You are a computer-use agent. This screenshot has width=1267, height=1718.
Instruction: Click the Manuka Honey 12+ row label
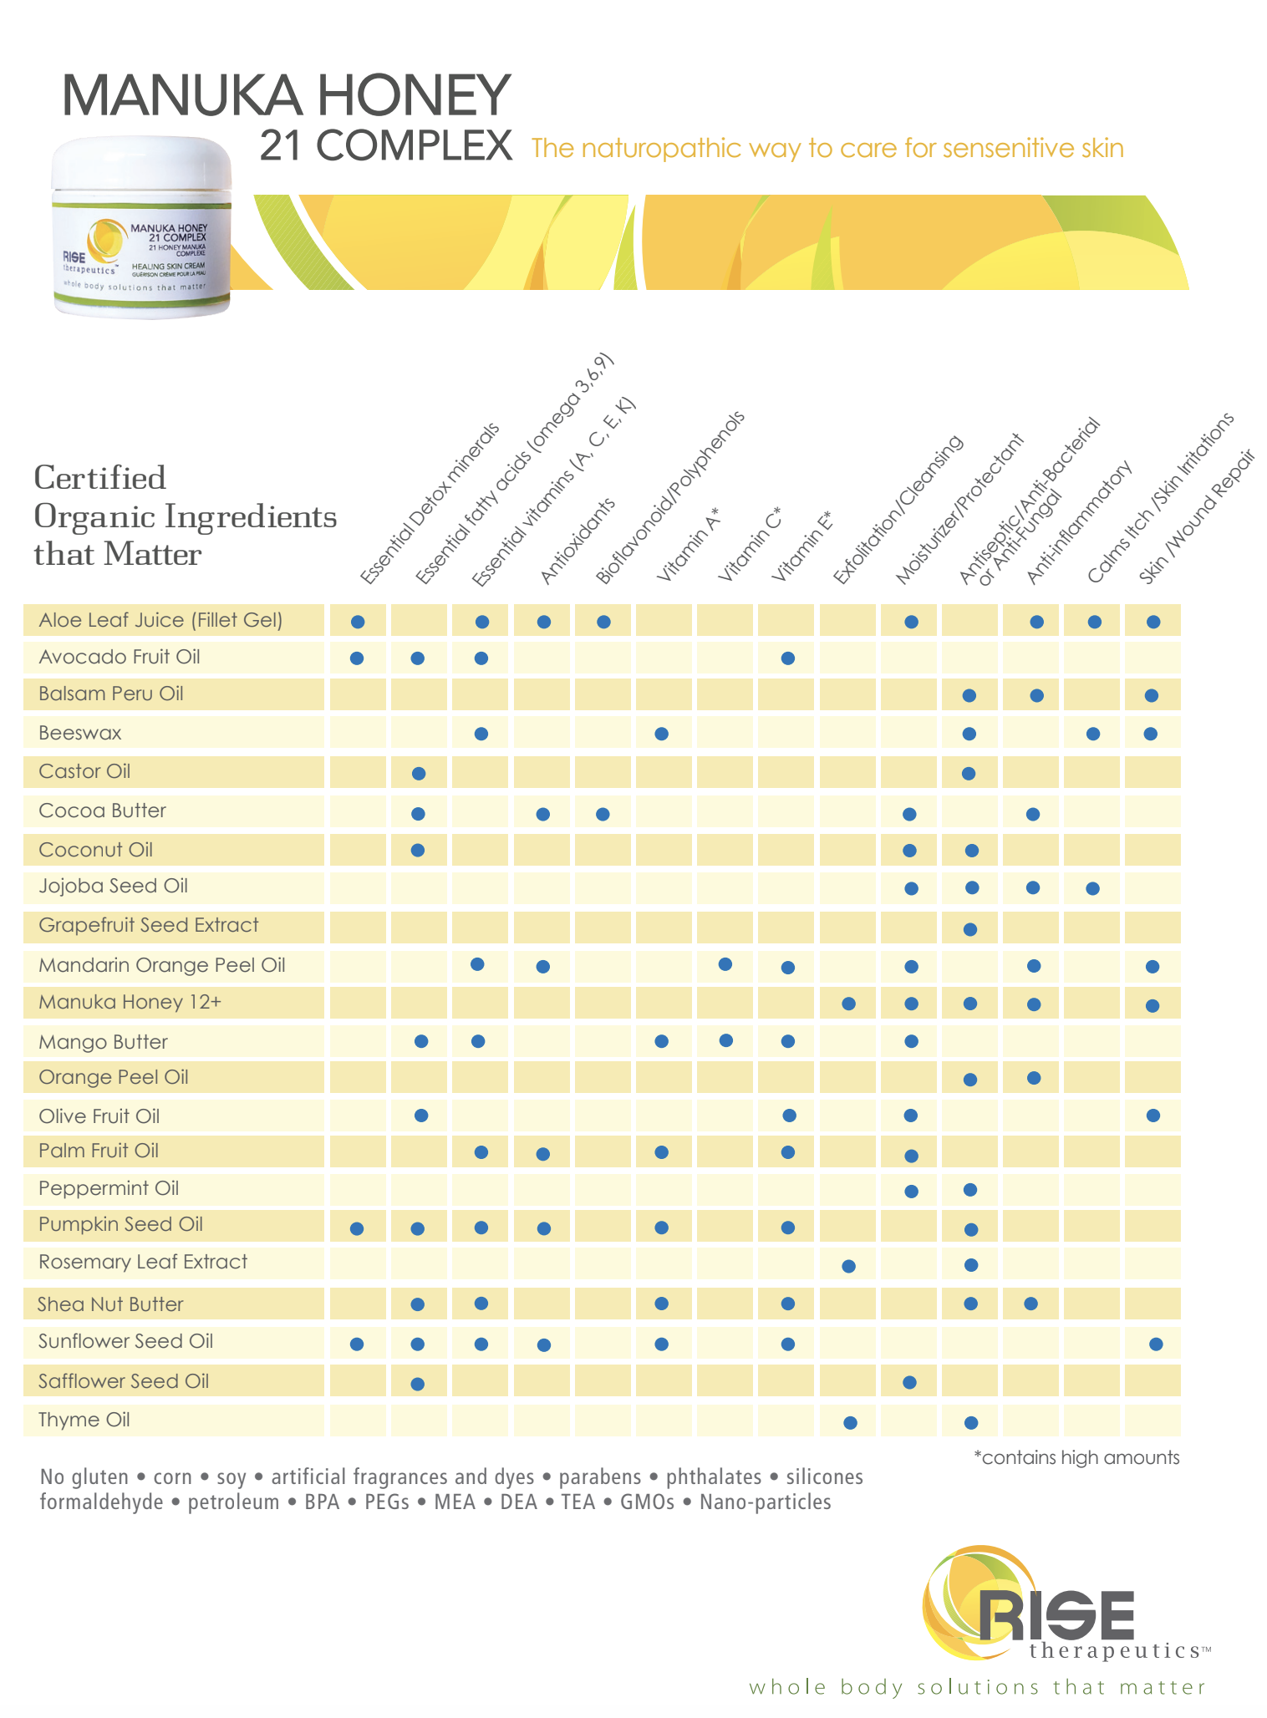130,1002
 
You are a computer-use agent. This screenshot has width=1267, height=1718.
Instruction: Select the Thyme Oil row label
84,1420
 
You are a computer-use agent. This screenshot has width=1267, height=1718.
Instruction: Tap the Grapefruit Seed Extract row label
148,925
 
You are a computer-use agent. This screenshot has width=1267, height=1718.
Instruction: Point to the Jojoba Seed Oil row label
113,886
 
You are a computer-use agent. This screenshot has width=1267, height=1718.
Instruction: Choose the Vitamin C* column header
749,544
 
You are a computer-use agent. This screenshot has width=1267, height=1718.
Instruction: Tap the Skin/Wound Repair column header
1197,517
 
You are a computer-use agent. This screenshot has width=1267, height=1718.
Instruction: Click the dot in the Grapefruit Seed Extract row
969,928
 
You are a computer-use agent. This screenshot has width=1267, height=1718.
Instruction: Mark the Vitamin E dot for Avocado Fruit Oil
787,658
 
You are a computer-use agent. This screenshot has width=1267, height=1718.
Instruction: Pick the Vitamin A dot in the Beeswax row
661,734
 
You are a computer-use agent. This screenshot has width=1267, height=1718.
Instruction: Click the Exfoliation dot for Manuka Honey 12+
848,1004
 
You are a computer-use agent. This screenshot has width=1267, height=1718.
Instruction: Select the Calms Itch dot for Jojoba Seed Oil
1092,888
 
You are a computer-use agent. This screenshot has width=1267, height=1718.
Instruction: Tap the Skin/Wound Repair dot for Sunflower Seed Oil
1155,1344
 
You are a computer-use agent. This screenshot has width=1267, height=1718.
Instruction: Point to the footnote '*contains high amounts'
1076,1458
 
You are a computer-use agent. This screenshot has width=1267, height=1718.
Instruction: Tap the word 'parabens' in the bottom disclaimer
599,1477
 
